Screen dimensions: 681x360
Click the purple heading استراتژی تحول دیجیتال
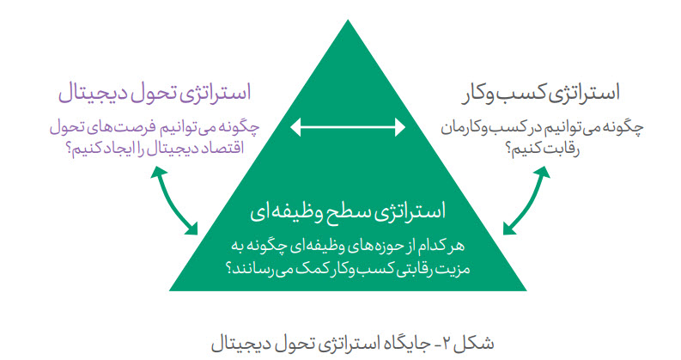point(155,94)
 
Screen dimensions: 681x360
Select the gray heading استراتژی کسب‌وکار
point(541,94)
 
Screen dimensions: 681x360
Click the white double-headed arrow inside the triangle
point(348,127)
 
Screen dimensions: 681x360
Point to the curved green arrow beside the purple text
point(173,200)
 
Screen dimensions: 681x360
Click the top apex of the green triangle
point(348,20)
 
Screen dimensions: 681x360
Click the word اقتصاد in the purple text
point(222,149)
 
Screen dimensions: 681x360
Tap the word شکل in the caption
point(477,343)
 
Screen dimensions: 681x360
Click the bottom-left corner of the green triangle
point(169,290)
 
